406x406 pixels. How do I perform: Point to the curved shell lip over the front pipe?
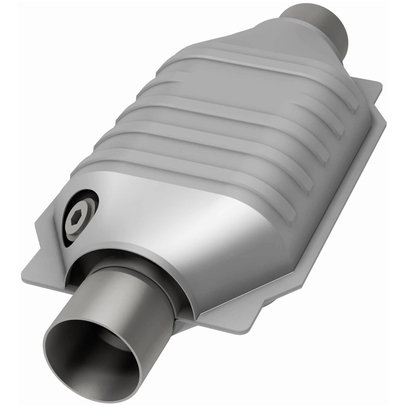pos(134,254)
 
